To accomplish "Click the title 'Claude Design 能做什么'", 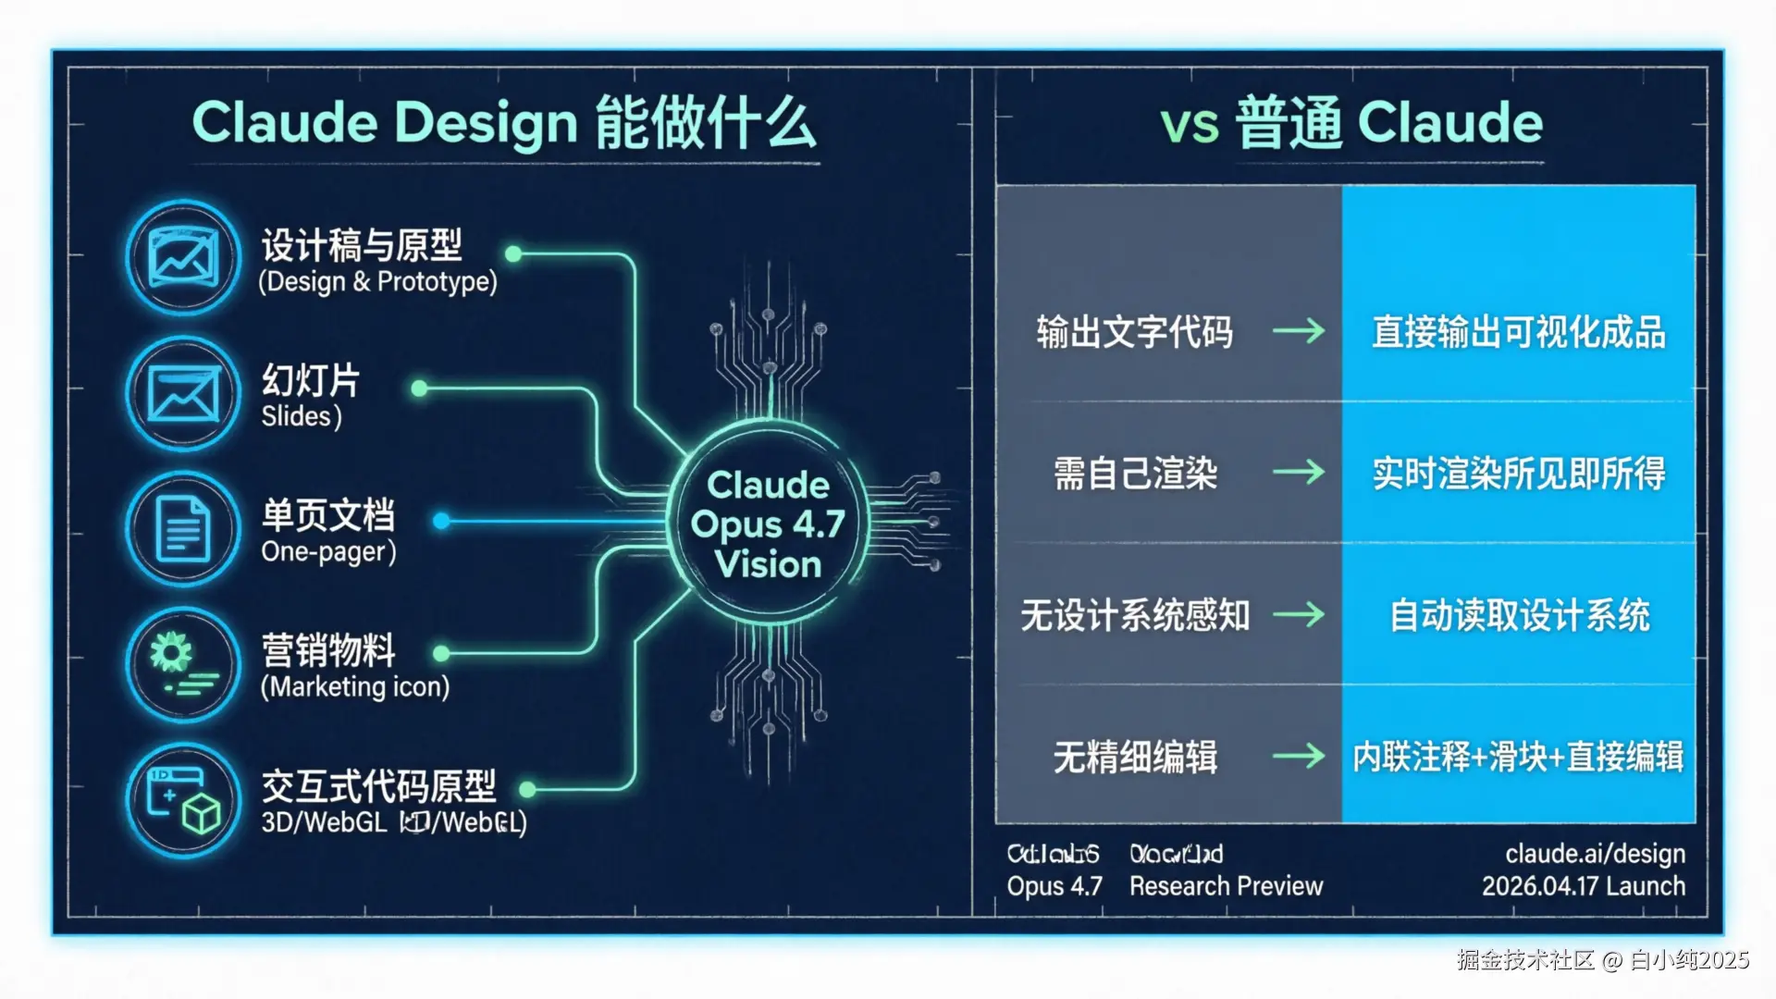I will tap(504, 124).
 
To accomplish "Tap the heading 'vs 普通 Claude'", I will tap(1351, 124).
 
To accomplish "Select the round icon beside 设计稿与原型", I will tap(184, 257).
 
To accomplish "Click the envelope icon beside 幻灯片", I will tap(184, 393).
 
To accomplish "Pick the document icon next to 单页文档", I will tap(184, 528).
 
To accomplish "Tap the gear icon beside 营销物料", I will tap(184, 663).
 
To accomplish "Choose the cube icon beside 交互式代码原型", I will tap(184, 801).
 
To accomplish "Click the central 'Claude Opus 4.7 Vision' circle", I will tap(768, 524).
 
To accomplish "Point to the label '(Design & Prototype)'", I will tap(377, 282).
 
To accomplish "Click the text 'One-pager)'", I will tap(328, 552).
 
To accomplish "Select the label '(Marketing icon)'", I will tap(355, 687).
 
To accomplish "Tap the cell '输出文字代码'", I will tap(1134, 332).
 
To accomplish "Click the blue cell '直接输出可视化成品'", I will tap(1518, 332).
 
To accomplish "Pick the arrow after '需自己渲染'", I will tap(1299, 473).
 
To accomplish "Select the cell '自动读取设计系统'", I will tap(1518, 615).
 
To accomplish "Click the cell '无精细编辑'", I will tap(1135, 758).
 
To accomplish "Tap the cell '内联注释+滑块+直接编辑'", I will tap(1518, 758).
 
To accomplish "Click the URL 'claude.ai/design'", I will tap(1595, 854).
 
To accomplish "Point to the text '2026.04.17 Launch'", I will tap(1583, 886).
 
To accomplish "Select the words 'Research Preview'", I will tap(1226, 886).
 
